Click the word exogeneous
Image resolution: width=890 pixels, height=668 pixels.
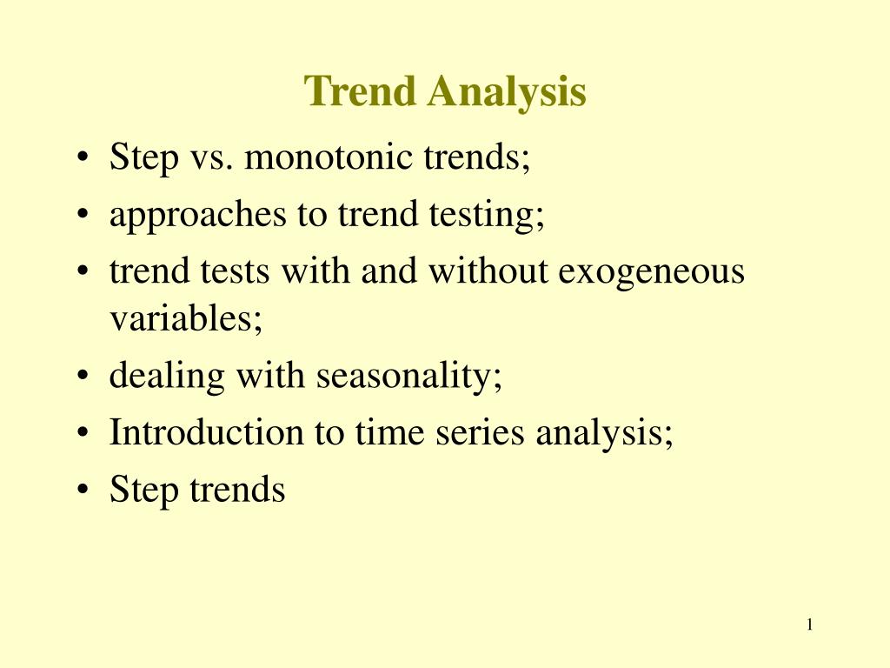pos(651,273)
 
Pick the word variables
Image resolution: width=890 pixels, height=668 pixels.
pos(186,319)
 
